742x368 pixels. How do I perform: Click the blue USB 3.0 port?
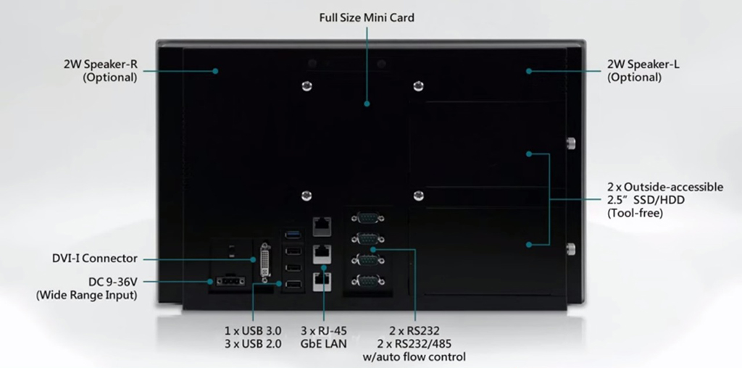[292, 233]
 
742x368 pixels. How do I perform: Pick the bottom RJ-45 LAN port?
[321, 281]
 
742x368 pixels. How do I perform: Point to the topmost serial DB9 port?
[367, 217]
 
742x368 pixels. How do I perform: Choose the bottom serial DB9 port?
[367, 280]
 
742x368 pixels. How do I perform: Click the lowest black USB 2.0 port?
[292, 285]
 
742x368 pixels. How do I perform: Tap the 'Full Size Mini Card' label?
[367, 17]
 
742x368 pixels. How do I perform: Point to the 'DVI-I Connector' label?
[95, 258]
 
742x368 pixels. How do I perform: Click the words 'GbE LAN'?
[325, 344]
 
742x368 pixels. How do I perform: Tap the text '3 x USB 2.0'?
[253, 344]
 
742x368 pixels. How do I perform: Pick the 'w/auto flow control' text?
[414, 356]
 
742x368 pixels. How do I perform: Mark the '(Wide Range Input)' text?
[86, 295]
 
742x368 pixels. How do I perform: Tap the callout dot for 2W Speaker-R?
[216, 70]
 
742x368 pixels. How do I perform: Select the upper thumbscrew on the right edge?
[571, 142]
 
